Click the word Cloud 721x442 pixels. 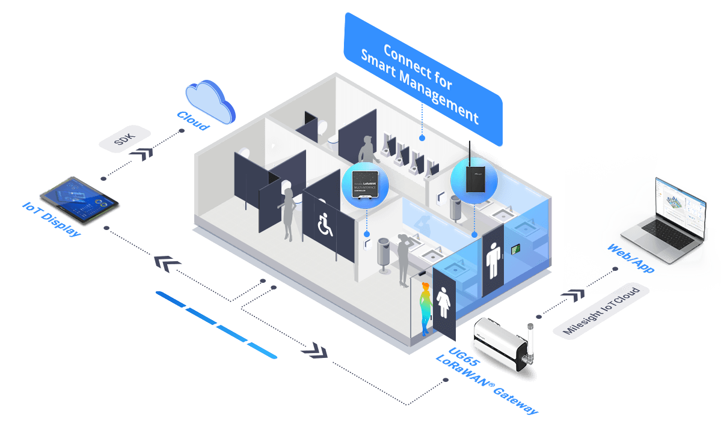[x=192, y=121]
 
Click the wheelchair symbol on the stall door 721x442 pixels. [x=325, y=226]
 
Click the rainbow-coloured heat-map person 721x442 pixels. [x=425, y=307]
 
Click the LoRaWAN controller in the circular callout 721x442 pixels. [x=365, y=185]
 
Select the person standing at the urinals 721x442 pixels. [x=366, y=153]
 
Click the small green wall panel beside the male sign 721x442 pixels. [x=515, y=248]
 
